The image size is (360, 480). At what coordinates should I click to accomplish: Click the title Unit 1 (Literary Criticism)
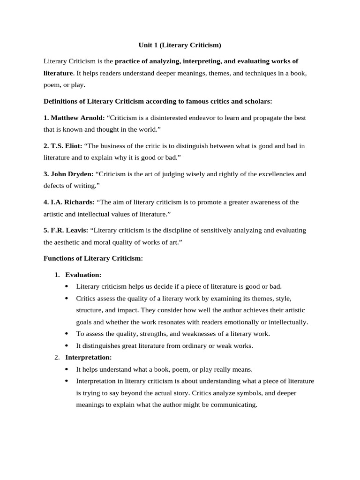coord(180,45)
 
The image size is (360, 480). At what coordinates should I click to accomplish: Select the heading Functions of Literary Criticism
coord(93,258)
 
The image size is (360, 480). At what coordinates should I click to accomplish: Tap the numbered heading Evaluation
coord(83,275)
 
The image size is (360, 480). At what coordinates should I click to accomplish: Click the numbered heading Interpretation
coord(88,357)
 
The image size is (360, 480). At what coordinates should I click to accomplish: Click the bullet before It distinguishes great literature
coord(66,346)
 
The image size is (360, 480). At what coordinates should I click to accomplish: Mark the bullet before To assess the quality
coord(66,334)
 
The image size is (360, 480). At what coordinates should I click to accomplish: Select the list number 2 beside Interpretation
coord(56,357)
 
